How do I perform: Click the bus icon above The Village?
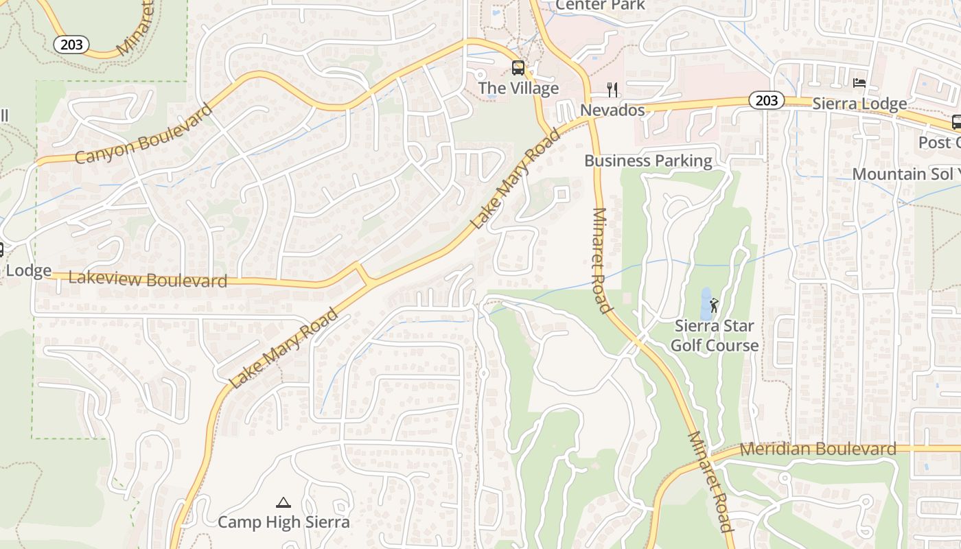point(518,68)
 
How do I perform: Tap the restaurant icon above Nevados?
point(612,89)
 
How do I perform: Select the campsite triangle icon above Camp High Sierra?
point(283,503)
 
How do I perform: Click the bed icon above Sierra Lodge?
point(859,84)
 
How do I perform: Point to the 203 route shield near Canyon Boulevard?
point(71,45)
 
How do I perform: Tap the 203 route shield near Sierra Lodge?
point(766,100)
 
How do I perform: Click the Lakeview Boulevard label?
point(148,279)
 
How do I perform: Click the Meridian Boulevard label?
point(818,449)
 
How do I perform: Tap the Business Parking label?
point(648,161)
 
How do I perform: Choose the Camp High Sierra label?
point(283,522)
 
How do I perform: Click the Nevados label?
point(612,110)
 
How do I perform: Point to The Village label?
point(518,89)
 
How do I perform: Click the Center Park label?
point(600,5)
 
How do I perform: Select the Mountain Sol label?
point(903,174)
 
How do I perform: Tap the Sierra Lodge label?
point(859,104)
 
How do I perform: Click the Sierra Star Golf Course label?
point(715,336)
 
